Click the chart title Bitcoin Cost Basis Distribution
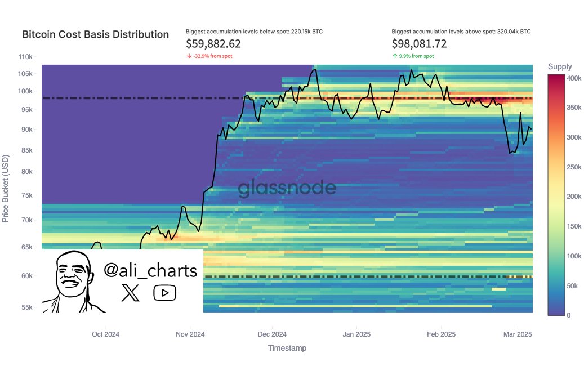pyautogui.click(x=95, y=34)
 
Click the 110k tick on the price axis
pyautogui.click(x=27, y=57)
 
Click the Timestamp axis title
pyautogui.click(x=287, y=349)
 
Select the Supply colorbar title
pyautogui.click(x=560, y=67)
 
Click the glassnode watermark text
pyautogui.click(x=287, y=189)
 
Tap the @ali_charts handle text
pyautogui.click(x=151, y=271)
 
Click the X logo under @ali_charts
pyautogui.click(x=130, y=293)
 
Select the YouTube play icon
pyautogui.click(x=164, y=293)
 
